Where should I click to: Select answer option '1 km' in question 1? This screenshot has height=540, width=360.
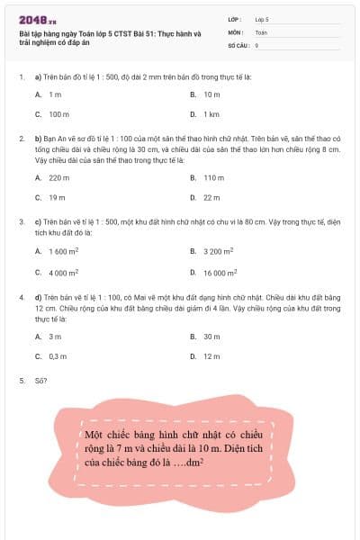[x=211, y=114]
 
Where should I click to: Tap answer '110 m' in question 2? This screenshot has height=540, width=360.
[x=213, y=177]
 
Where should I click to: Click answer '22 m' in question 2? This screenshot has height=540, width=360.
[x=211, y=197]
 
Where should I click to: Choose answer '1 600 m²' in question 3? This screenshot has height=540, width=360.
[x=63, y=252]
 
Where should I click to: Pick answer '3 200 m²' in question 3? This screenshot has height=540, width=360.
[x=219, y=252]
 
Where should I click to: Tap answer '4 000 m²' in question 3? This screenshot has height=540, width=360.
[x=63, y=272]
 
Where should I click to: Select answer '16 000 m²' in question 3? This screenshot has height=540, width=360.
[x=220, y=272]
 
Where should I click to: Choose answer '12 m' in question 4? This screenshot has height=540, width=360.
[x=211, y=355]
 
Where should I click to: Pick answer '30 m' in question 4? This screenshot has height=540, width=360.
[x=211, y=336]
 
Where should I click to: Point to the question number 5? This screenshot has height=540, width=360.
[x=22, y=381]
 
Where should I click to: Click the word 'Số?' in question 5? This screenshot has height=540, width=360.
[x=40, y=381]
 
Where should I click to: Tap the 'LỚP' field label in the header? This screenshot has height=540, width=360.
[x=235, y=18]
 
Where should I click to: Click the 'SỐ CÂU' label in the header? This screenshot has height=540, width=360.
[x=238, y=43]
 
